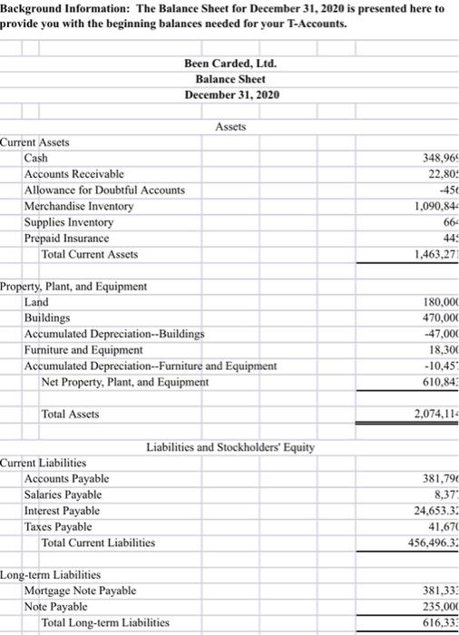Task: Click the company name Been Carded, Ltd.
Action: pos(230,63)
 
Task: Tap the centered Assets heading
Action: pos(231,127)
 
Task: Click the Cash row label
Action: pos(36,159)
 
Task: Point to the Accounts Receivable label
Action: pos(74,174)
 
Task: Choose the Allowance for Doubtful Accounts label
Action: pos(104,190)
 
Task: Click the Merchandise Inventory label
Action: pos(79,207)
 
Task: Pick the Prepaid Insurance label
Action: pos(66,239)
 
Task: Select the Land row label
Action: pos(37,302)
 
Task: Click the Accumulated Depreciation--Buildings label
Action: pos(114,334)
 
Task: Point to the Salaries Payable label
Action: pos(63,494)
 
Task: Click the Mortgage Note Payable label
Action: pos(80,591)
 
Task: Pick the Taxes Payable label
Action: pos(58,526)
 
